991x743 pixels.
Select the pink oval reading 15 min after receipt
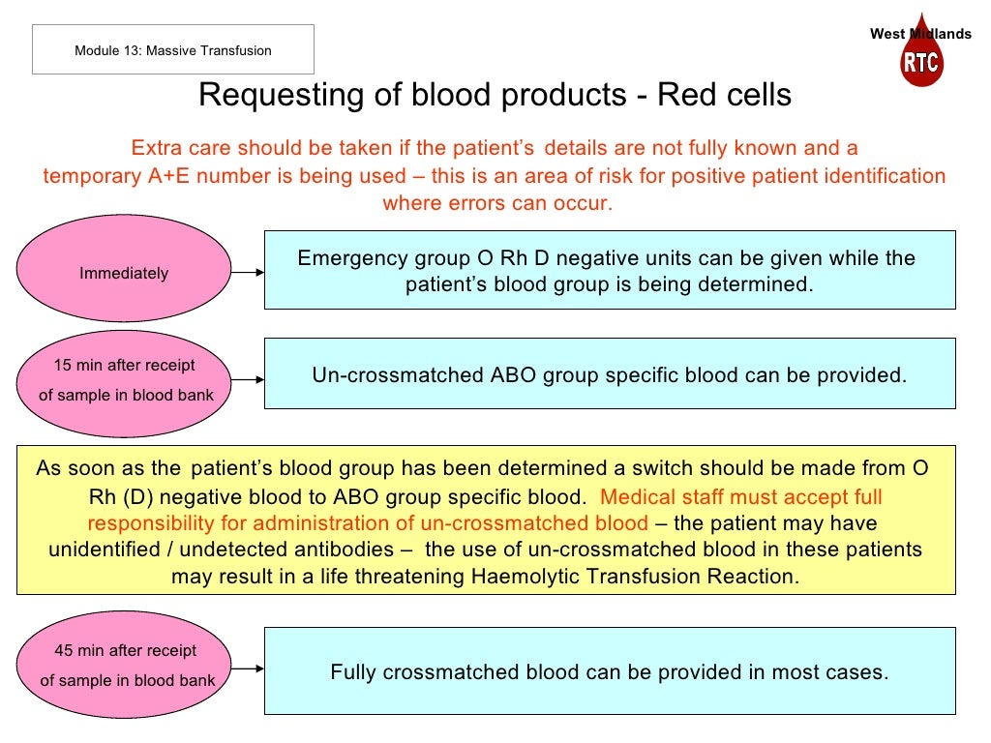(x=124, y=379)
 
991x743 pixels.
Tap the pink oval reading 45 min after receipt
(x=124, y=666)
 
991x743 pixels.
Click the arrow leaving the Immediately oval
(x=248, y=273)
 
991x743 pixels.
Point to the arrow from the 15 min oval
(x=248, y=379)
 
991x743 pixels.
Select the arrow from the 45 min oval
(x=248, y=667)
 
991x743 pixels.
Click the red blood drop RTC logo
(x=920, y=58)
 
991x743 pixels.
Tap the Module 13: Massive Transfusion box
(x=173, y=49)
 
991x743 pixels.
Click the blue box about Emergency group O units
(x=610, y=271)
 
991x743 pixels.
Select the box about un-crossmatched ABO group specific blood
(x=610, y=374)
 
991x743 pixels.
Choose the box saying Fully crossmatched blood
(x=610, y=671)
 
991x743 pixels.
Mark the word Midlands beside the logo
(x=941, y=34)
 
